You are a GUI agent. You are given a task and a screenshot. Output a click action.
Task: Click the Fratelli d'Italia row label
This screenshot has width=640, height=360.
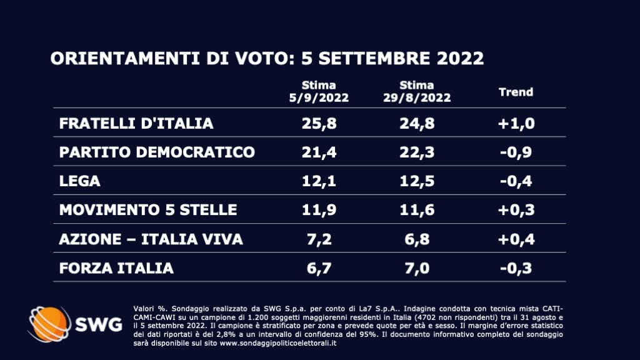(136, 123)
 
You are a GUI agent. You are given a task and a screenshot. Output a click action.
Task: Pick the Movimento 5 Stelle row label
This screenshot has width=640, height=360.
(148, 209)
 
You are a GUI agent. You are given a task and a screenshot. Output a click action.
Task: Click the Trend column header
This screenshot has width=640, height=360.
(516, 92)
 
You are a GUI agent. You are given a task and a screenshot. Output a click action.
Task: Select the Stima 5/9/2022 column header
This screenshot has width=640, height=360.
(319, 91)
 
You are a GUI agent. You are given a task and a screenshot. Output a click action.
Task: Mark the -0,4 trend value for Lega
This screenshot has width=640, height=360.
(516, 181)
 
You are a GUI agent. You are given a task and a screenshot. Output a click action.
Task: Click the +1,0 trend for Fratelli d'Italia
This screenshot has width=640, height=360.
(516, 123)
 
